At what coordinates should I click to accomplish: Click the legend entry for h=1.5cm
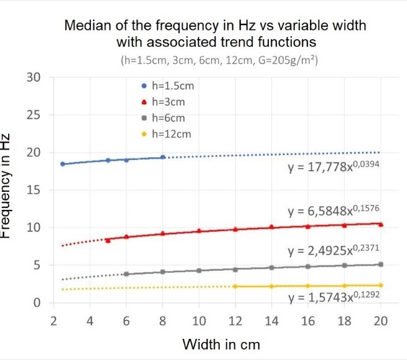pyautogui.click(x=167, y=86)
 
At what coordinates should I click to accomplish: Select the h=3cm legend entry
pyautogui.click(x=163, y=102)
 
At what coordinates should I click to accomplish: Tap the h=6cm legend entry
pyautogui.click(x=163, y=118)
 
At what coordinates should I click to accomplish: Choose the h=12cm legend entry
pyautogui.click(x=166, y=134)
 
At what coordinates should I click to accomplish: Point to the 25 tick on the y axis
pyautogui.click(x=34, y=115)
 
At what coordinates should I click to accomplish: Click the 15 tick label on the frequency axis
pyautogui.click(x=34, y=190)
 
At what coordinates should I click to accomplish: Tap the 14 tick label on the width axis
pyautogui.click(x=271, y=321)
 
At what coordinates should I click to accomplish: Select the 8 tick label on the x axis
pyautogui.click(x=162, y=321)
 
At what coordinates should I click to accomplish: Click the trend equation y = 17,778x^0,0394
pyautogui.click(x=334, y=166)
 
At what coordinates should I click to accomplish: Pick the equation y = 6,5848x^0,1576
pyautogui.click(x=334, y=211)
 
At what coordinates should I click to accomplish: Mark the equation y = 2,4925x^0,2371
pyautogui.click(x=334, y=250)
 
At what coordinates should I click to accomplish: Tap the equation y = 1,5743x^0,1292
pyautogui.click(x=334, y=297)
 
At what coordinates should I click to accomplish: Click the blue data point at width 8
pyautogui.click(x=163, y=157)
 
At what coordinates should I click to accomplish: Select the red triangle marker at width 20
pyautogui.click(x=381, y=224)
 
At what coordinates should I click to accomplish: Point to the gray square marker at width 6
pyautogui.click(x=126, y=274)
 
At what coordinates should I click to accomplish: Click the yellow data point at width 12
pyautogui.click(x=235, y=287)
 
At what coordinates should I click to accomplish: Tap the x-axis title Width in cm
pyautogui.click(x=221, y=344)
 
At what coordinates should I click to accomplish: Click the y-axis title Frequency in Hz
pyautogui.click(x=5, y=186)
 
